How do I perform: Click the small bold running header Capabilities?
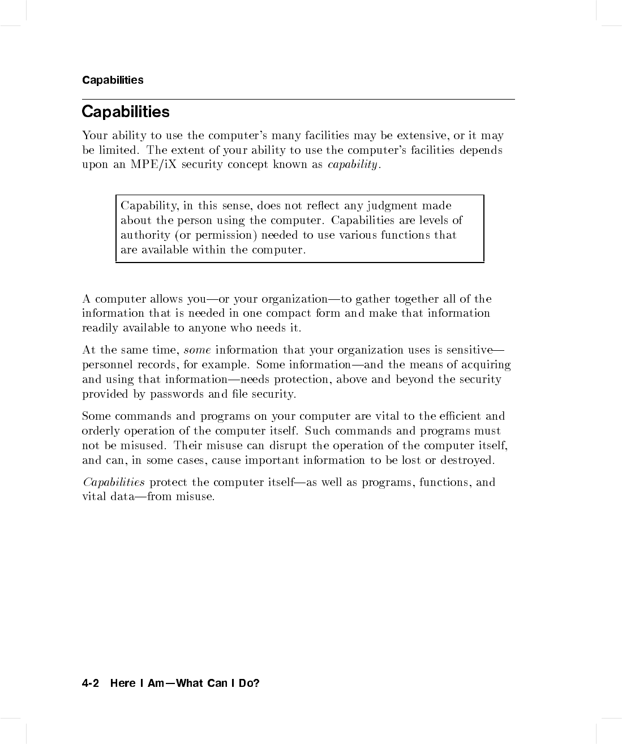tap(113, 80)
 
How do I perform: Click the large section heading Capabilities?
tap(125, 111)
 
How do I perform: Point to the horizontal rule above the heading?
tap(298, 100)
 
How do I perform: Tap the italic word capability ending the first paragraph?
tap(352, 165)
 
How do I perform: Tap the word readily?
tap(100, 328)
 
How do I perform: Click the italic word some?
tap(198, 350)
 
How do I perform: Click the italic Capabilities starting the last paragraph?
tap(114, 482)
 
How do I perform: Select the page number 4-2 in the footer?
tap(91, 683)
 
